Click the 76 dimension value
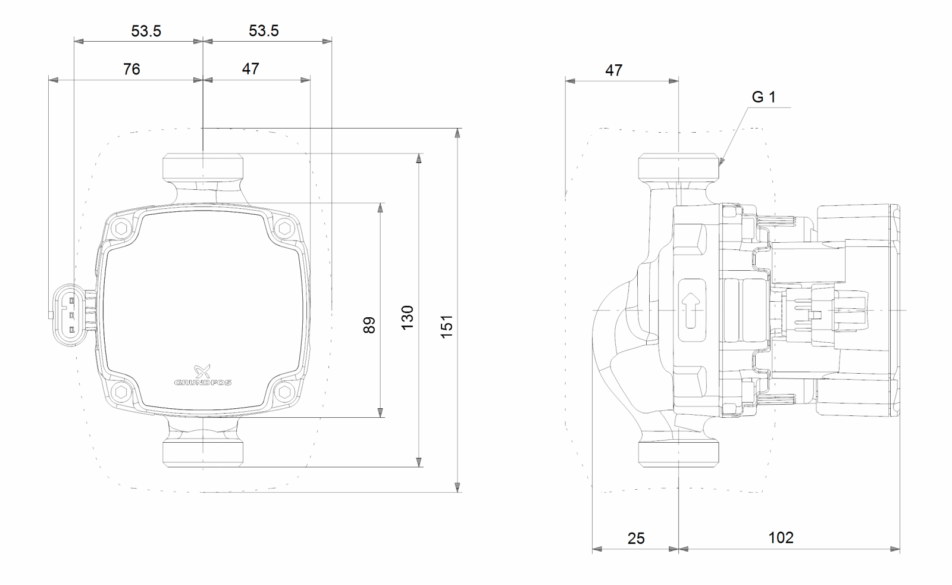[x=131, y=69]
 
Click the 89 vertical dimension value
[x=369, y=325]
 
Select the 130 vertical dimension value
[x=407, y=318]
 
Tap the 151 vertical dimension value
[x=447, y=327]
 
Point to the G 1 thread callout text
[x=763, y=97]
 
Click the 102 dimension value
[x=781, y=537]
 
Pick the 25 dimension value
[x=635, y=538]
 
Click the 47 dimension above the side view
[x=613, y=70]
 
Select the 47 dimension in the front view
[x=250, y=69]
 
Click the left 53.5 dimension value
[x=146, y=31]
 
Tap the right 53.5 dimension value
[x=264, y=31]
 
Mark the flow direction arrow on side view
[x=691, y=309]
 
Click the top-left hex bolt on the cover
[x=123, y=228]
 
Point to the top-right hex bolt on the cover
[x=284, y=228]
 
